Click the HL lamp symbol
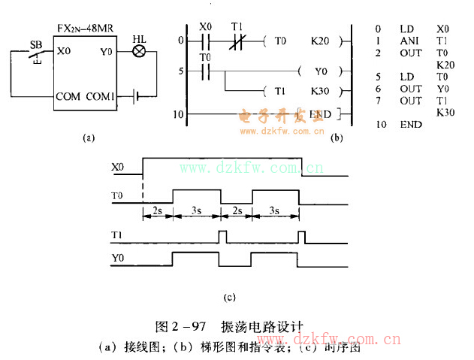pyautogui.click(x=139, y=52)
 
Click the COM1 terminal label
pyautogui.click(x=100, y=97)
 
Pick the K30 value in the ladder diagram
pyautogui.click(x=319, y=92)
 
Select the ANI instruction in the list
pyautogui.click(x=407, y=41)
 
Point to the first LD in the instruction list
pyautogui.click(x=407, y=29)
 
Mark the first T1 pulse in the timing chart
pyautogui.click(x=222, y=237)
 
